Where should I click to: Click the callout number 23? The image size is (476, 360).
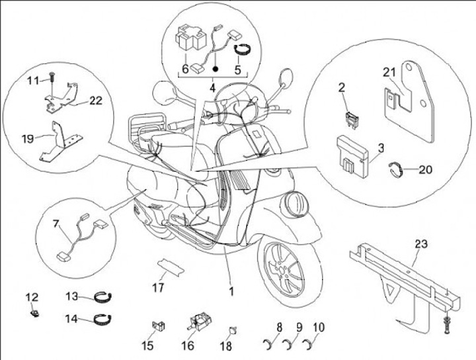(421, 245)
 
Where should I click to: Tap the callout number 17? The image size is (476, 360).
(157, 288)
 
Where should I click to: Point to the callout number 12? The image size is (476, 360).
(32, 296)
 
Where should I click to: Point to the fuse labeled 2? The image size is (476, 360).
(348, 118)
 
